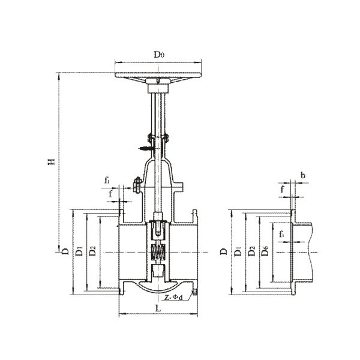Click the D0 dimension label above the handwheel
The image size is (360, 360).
(x=159, y=55)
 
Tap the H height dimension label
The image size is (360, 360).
(x=52, y=161)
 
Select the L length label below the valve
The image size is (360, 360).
(x=158, y=308)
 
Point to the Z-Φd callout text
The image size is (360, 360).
(x=173, y=298)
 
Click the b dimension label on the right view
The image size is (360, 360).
(x=303, y=175)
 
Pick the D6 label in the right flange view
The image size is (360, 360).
(x=265, y=251)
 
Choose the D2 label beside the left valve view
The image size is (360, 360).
(x=92, y=251)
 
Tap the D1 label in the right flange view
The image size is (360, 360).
(x=238, y=251)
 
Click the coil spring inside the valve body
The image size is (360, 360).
(x=157, y=252)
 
